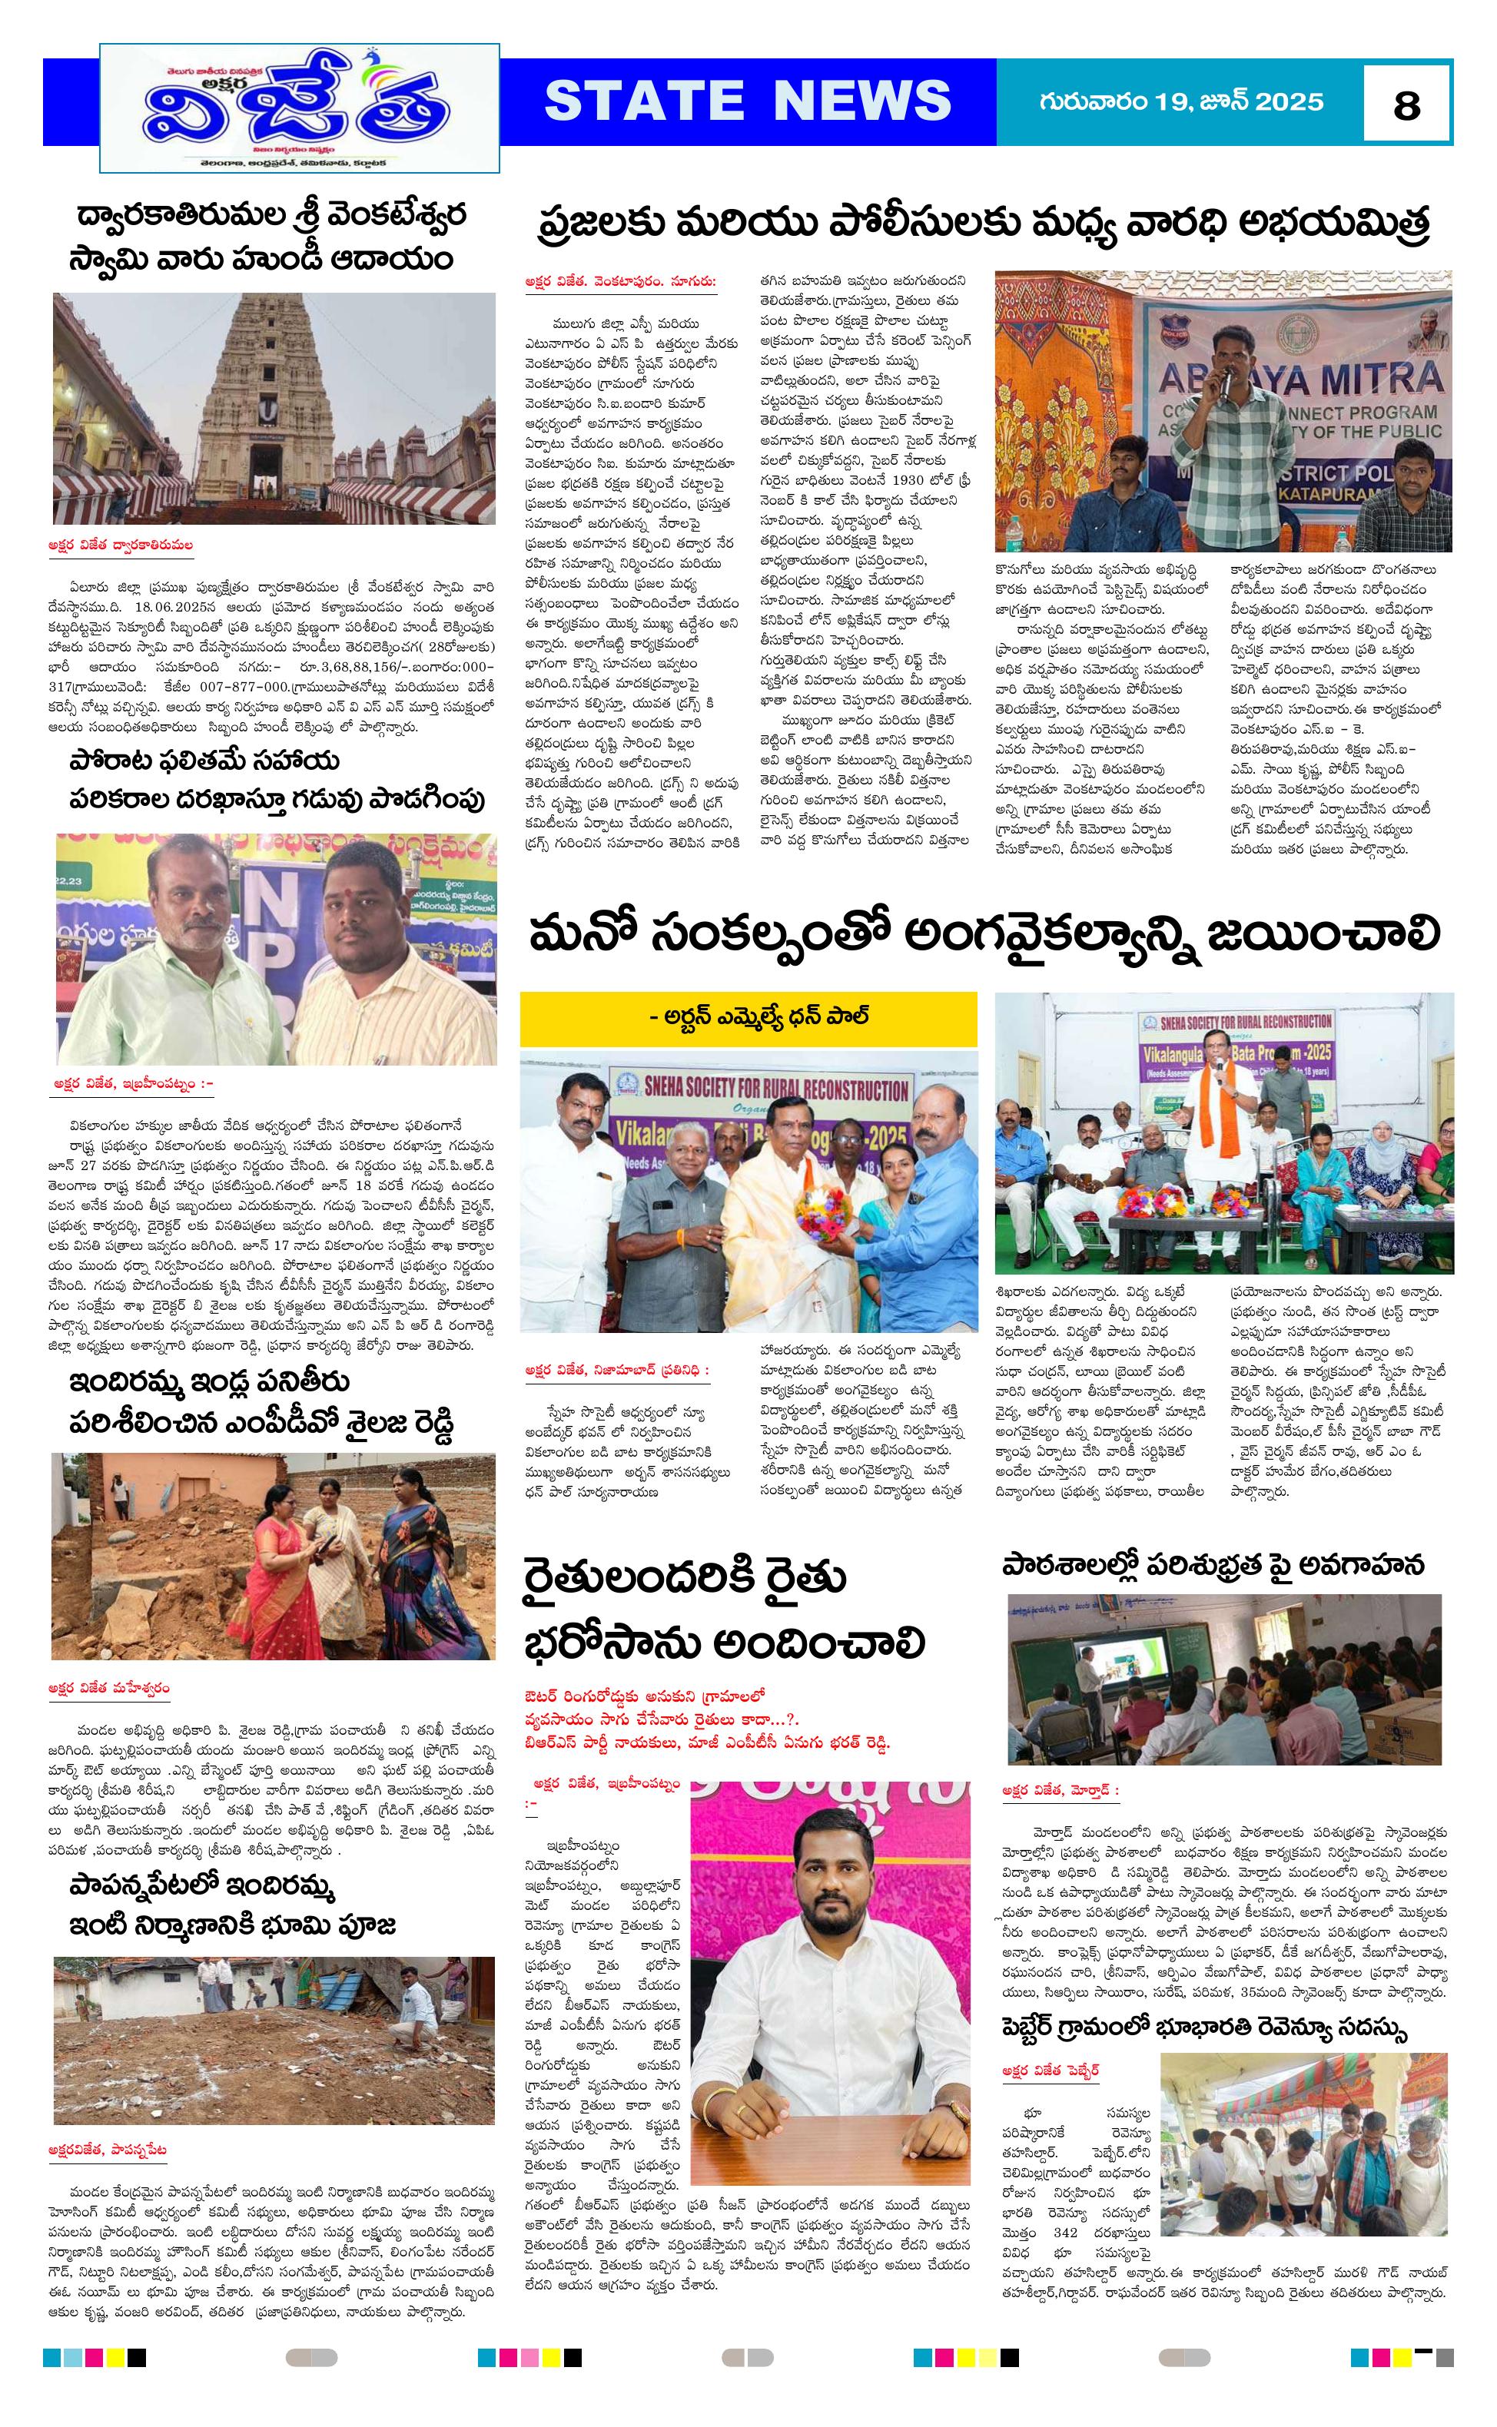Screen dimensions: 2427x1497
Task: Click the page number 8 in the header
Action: coord(1406,104)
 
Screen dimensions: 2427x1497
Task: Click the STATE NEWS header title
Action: coord(748,101)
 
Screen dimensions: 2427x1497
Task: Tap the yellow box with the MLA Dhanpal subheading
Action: coord(748,1016)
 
